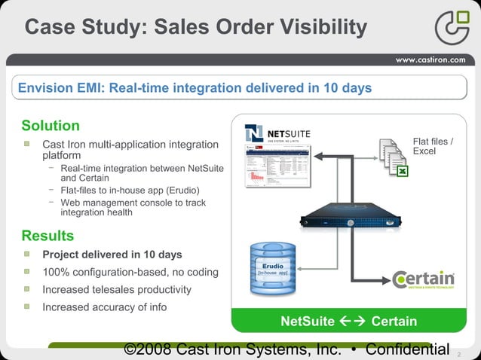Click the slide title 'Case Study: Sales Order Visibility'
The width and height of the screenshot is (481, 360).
pyautogui.click(x=196, y=28)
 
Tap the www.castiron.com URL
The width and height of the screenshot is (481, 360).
pyautogui.click(x=430, y=60)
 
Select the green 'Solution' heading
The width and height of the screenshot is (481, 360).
pyautogui.click(x=51, y=125)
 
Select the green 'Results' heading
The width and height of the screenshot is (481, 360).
pyautogui.click(x=47, y=236)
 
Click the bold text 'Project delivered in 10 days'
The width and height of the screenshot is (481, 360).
pyautogui.click(x=112, y=255)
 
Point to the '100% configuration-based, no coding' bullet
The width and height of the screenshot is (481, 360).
pyautogui.click(x=130, y=272)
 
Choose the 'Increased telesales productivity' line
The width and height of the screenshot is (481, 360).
pyautogui.click(x=116, y=289)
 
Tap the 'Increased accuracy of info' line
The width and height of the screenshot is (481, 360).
pyautogui.click(x=104, y=307)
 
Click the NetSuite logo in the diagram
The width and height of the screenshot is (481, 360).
pyautogui.click(x=277, y=134)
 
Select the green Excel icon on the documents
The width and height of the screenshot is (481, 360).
pyautogui.click(x=402, y=172)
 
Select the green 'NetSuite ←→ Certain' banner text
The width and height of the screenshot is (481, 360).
pyautogui.click(x=348, y=322)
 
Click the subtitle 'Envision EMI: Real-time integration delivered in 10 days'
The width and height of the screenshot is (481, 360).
pyautogui.click(x=195, y=88)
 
